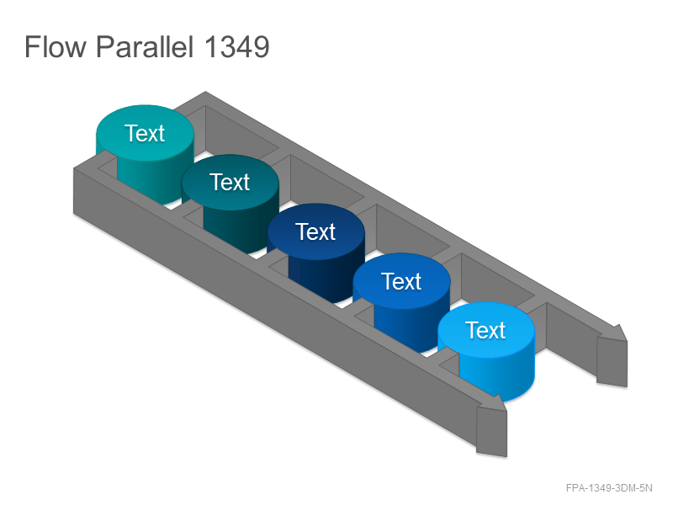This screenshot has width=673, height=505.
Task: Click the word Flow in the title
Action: [x=55, y=46]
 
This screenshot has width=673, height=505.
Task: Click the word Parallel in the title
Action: [x=145, y=46]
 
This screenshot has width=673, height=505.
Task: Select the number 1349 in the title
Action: [x=237, y=46]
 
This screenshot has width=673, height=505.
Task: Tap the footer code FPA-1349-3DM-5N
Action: [x=609, y=488]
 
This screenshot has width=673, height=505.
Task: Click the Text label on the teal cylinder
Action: [x=145, y=133]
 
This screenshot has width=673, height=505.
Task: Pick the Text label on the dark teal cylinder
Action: [x=230, y=182]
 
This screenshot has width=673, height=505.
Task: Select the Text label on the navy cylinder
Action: [x=315, y=232]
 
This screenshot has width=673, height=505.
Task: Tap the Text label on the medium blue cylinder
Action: [x=401, y=281]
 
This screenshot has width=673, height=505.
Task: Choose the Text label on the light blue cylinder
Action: [x=485, y=330]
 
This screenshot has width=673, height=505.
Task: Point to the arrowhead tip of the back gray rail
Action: [x=627, y=342]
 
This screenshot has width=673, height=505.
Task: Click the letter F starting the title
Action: [x=32, y=46]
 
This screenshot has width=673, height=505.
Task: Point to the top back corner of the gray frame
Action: [x=205, y=92]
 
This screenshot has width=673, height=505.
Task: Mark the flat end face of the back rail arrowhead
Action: [x=612, y=362]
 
